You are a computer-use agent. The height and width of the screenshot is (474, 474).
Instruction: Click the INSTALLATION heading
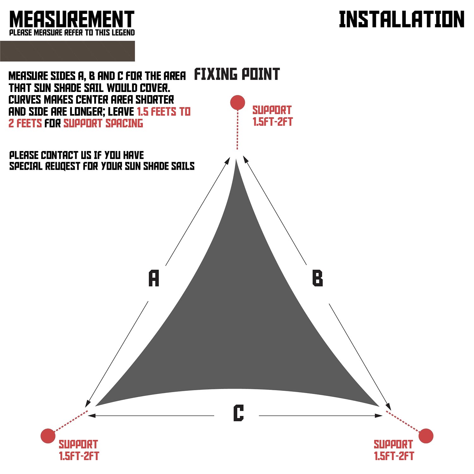pyautogui.click(x=401, y=20)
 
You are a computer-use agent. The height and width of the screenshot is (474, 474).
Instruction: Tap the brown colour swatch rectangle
pyautogui.click(x=67, y=51)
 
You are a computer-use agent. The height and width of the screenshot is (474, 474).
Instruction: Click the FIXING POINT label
pyautogui.click(x=237, y=74)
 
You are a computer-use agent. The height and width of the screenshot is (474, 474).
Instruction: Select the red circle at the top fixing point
pyautogui.click(x=238, y=102)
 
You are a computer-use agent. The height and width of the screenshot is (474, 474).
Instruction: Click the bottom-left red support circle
pyautogui.click(x=48, y=436)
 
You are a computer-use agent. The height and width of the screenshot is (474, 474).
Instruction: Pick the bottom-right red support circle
pyautogui.click(x=426, y=436)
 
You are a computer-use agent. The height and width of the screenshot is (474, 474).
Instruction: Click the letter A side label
pyautogui.click(x=154, y=278)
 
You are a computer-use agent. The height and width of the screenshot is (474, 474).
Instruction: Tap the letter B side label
pyautogui.click(x=317, y=278)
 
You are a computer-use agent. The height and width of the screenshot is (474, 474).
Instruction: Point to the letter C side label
pyautogui.click(x=239, y=413)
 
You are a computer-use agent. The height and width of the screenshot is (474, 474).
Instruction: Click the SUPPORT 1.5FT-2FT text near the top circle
pyautogui.click(x=272, y=116)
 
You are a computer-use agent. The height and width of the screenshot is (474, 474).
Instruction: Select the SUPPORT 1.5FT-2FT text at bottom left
pyautogui.click(x=79, y=450)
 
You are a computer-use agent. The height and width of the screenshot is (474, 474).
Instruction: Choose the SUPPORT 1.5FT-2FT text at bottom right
pyautogui.click(x=394, y=450)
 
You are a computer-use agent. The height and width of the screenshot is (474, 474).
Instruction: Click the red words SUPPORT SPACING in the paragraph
pyautogui.click(x=103, y=123)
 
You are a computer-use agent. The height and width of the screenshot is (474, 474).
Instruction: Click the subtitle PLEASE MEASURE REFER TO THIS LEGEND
pyautogui.click(x=72, y=33)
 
